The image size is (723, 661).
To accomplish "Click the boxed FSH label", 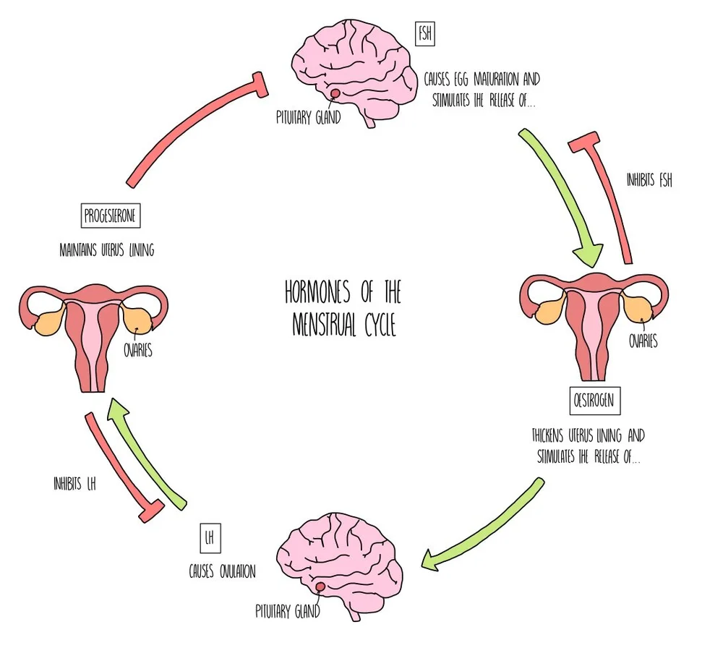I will (424, 34).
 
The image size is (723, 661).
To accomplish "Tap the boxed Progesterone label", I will (110, 216).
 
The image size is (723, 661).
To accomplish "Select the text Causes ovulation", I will (222, 571).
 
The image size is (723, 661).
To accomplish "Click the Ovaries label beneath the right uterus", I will (643, 341).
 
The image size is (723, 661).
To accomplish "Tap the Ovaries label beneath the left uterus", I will (137, 352).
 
